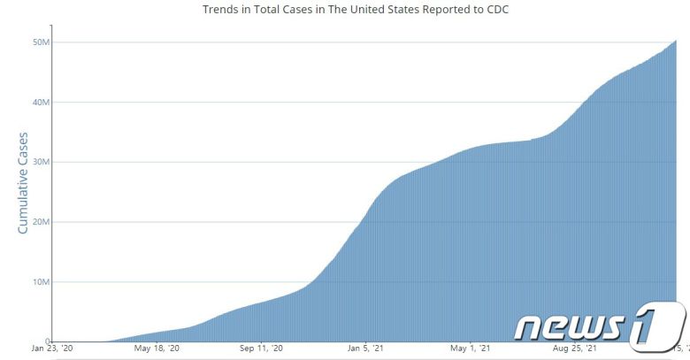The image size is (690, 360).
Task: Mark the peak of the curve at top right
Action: click(676, 41)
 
